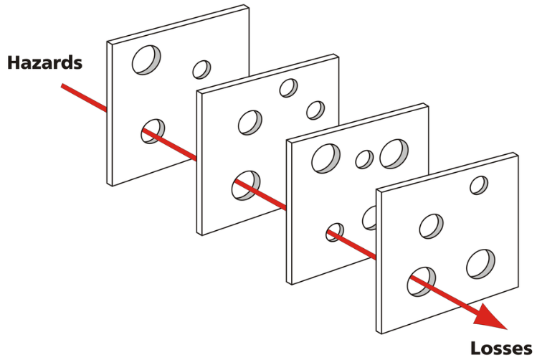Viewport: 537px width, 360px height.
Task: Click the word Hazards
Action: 45,62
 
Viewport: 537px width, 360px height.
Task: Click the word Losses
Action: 501,349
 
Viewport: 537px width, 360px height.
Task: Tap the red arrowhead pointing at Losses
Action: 491,317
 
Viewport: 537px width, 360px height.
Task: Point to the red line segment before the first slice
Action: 84,98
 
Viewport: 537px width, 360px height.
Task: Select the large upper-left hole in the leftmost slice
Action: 146,60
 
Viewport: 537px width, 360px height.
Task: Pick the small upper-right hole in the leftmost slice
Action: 201,70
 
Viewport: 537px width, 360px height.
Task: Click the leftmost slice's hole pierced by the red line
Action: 153,131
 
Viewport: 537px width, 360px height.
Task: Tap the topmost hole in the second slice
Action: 288,88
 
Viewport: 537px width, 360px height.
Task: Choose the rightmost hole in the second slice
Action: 315,110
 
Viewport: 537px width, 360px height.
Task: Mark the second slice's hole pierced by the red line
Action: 245,185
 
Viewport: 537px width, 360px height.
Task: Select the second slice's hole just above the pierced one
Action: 250,123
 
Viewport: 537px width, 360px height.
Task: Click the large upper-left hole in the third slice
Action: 325,158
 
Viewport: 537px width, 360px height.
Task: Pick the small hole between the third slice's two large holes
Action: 364,159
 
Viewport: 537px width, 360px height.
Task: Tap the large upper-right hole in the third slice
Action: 394,153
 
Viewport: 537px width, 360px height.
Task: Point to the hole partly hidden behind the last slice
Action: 369,218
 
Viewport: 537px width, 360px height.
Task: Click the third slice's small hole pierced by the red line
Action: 335,232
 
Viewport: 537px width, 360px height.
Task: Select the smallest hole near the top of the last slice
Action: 479,185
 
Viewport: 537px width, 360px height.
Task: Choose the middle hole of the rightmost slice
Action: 431,227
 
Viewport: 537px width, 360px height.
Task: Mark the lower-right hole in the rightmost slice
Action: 480,264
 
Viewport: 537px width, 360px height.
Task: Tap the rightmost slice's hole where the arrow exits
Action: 422,282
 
